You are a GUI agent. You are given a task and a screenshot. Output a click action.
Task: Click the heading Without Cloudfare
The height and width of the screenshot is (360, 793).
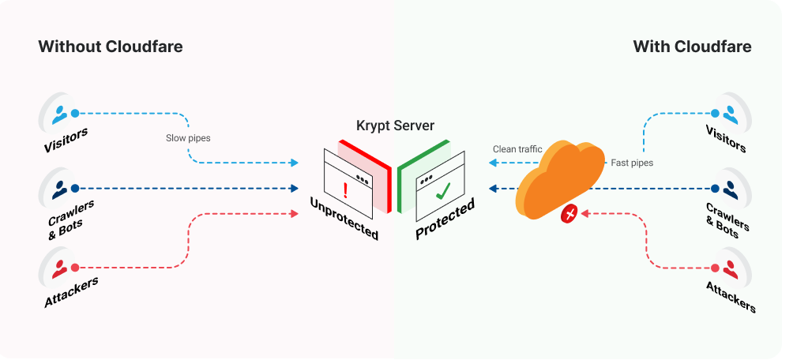click(x=110, y=47)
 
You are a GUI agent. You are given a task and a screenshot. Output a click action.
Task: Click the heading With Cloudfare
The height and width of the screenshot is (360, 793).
click(x=692, y=47)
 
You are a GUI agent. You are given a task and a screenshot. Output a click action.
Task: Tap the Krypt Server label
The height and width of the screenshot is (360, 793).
click(x=395, y=126)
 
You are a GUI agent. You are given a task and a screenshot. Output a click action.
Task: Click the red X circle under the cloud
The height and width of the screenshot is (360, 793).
click(x=568, y=213)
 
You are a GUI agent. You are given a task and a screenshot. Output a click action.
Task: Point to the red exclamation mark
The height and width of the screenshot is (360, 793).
click(x=344, y=189)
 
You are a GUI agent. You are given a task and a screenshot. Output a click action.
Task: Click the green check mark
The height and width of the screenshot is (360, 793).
click(x=444, y=190)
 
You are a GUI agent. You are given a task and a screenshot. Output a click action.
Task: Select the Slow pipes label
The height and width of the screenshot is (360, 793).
click(x=188, y=138)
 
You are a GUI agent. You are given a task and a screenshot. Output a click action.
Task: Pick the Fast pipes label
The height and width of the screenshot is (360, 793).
click(x=632, y=163)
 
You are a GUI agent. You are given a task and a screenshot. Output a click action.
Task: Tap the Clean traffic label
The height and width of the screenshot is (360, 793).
click(x=517, y=148)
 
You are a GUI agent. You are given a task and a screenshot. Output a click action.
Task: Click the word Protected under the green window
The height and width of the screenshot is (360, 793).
click(x=445, y=220)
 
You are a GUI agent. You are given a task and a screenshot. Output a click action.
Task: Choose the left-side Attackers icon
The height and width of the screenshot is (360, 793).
click(x=60, y=267)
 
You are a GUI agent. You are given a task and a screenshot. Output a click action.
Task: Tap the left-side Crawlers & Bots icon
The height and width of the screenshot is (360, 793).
click(x=60, y=189)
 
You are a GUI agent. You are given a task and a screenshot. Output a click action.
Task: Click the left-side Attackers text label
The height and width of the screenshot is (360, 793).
click(x=71, y=293)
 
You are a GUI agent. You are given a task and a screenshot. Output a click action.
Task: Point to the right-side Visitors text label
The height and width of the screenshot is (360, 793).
click(x=724, y=141)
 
